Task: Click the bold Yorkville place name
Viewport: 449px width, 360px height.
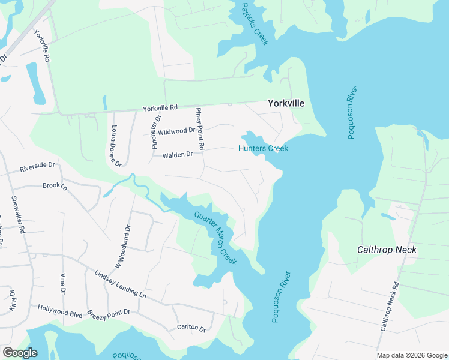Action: coord(286,103)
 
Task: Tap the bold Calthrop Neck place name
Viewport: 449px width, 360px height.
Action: coord(387,249)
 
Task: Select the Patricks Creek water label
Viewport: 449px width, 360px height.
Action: coord(254,23)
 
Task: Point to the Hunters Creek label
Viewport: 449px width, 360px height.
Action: coord(264,148)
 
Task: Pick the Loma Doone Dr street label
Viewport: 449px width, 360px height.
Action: coord(116,146)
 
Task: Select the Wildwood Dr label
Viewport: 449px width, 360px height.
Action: coord(177,130)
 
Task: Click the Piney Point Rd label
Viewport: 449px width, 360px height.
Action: coord(200,129)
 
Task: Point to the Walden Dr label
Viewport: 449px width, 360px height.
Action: coord(177,155)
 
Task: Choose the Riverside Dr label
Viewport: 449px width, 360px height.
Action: coord(37,165)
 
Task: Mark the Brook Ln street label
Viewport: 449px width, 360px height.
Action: coord(55,186)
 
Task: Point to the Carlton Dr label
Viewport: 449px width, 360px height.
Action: coord(191,328)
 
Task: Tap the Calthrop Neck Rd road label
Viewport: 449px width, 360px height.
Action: coord(390,307)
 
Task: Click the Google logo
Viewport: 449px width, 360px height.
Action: coord(20,353)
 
